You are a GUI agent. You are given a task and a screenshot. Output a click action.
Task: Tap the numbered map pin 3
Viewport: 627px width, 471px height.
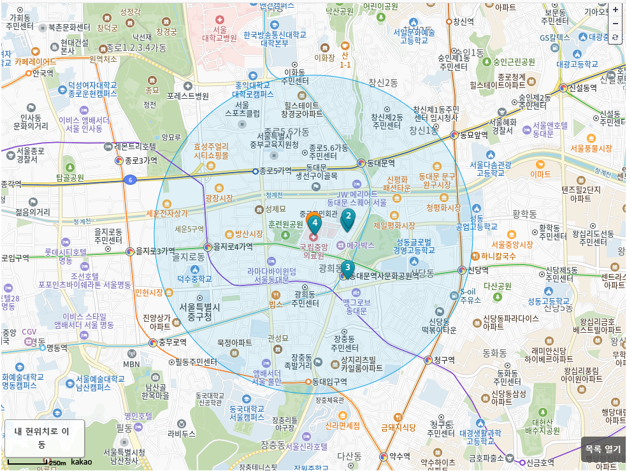coord(347,268)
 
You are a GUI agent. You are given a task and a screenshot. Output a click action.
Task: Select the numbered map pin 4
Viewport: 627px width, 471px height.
coord(315,223)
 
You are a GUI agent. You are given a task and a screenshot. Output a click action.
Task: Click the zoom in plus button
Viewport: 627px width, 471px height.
coord(615,10)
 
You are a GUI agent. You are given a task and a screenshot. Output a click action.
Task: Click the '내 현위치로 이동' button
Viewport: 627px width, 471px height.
coord(45,438)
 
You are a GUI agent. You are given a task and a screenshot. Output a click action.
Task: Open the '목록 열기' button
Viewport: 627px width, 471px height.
coord(603,449)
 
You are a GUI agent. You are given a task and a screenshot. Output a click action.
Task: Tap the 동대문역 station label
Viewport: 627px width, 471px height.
coord(381,163)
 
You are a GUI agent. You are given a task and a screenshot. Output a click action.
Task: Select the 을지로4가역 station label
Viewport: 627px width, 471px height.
coord(233,247)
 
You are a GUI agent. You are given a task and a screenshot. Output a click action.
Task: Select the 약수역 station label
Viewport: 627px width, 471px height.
coord(400,456)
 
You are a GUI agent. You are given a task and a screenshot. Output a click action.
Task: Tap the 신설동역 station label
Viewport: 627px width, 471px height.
coord(583,87)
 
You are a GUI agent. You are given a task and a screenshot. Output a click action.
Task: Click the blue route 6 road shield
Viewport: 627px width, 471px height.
coord(130,180)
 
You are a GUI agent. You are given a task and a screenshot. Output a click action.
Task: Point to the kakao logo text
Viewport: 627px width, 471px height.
coord(81,461)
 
